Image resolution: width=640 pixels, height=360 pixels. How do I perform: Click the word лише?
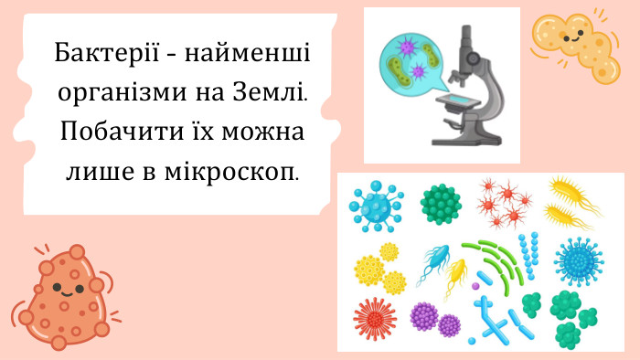pyautogui.click(x=96, y=170)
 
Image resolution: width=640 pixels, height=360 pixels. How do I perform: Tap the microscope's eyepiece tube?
pyautogui.click(x=468, y=43)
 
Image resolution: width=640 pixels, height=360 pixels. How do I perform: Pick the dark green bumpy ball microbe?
pyautogui.click(x=441, y=204)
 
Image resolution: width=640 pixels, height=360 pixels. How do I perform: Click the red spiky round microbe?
pyautogui.click(x=374, y=319)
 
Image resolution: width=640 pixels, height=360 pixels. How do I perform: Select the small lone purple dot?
pyautogui.click(x=475, y=286)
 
